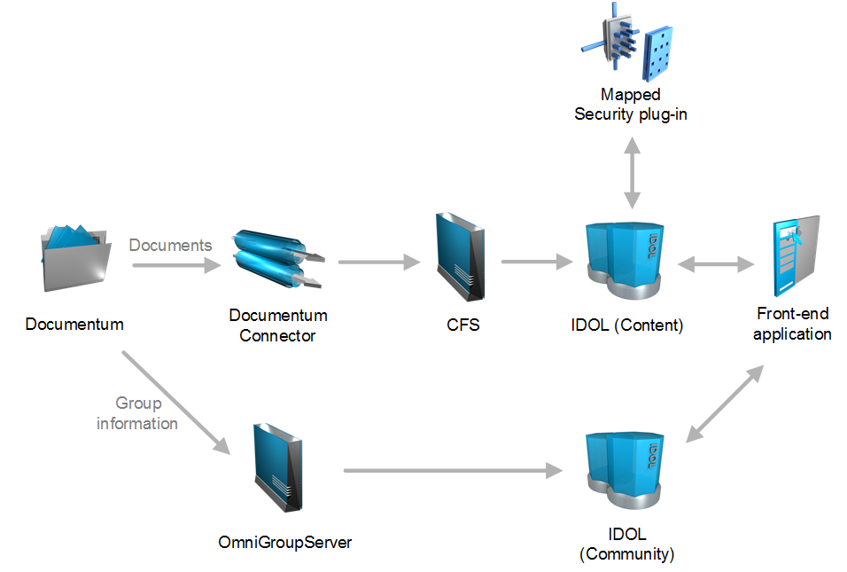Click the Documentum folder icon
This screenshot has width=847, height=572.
76,258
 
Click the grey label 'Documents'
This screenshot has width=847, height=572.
171,245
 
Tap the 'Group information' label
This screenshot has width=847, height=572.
137,413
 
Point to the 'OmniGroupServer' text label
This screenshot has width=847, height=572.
284,542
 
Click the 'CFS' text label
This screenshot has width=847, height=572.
462,325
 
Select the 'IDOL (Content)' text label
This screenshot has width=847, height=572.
627,325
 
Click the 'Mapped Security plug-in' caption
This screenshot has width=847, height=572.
631,104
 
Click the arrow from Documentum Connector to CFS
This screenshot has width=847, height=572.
378,262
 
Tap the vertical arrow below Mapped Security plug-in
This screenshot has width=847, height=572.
631,174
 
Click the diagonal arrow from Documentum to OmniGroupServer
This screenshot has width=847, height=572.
175,403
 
